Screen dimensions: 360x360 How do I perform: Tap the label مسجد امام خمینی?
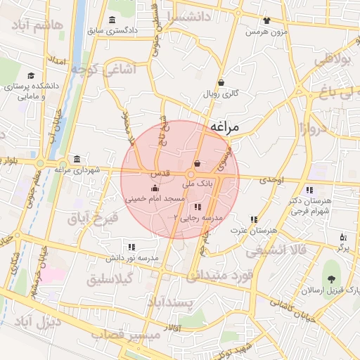[x=155, y=200]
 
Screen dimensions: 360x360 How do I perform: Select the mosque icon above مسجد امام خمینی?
[x=155, y=188]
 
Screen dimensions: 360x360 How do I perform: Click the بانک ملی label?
[x=197, y=183]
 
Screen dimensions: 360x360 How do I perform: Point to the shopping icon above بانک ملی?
[x=196, y=165]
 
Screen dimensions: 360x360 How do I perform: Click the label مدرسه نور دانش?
[x=132, y=258]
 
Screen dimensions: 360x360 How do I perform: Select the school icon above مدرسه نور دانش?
[x=131, y=247]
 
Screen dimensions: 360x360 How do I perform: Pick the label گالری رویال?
[x=221, y=93]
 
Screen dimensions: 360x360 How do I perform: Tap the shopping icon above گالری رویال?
[x=221, y=82]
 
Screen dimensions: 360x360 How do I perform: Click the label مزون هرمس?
[x=266, y=32]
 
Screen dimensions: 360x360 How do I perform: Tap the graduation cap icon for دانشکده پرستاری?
[x=30, y=75]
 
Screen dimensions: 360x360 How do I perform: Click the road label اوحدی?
[x=271, y=181]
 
